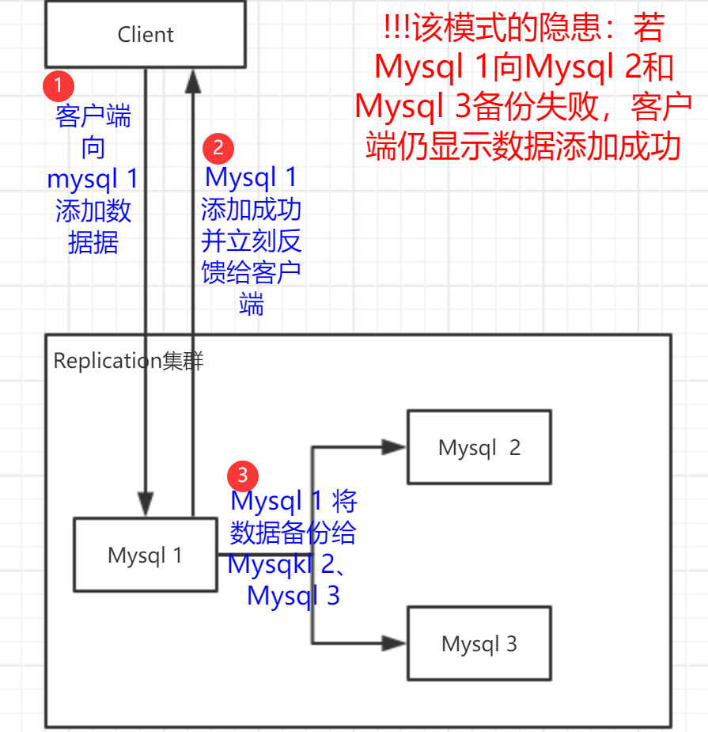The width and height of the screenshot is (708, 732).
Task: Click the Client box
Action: coord(146,35)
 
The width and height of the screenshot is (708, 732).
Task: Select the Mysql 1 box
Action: coord(145,555)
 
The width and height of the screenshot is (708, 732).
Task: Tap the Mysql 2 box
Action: coord(479,447)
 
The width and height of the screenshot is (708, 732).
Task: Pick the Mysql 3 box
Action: coord(479,643)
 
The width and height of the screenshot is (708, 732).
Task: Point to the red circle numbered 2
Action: coord(218,147)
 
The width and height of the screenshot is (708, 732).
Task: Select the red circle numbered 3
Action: coord(242,475)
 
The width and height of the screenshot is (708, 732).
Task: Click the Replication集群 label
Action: coord(128,361)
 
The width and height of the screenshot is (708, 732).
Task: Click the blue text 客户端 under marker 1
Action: coord(93,117)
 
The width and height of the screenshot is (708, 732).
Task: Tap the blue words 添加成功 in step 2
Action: coord(251,210)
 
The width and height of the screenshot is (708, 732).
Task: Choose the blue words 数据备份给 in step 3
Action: coord(293,533)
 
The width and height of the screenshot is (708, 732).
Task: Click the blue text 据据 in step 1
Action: coord(93,242)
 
